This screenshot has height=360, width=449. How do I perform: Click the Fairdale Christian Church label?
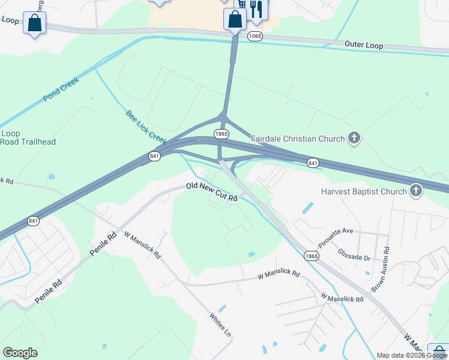tap(298, 139)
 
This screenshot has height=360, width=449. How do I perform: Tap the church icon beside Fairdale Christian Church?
tap(354, 139)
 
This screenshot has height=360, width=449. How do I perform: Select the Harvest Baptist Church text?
tap(364, 192)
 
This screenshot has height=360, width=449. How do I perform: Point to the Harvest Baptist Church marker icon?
tap(415, 192)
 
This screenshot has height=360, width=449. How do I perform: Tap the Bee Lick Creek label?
tap(145, 127)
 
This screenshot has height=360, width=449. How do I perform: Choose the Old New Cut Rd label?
tap(212, 192)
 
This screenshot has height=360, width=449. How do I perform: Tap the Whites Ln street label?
tap(220, 324)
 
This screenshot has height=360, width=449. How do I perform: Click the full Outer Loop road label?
tap(363, 45)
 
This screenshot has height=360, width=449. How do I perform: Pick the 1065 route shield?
tap(255, 37)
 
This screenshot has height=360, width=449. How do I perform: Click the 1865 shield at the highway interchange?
tap(221, 134)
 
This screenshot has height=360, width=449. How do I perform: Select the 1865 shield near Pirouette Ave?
tap(311, 256)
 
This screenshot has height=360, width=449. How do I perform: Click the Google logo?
tap(20, 353)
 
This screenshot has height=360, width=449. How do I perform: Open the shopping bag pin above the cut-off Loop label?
tap(34, 23)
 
